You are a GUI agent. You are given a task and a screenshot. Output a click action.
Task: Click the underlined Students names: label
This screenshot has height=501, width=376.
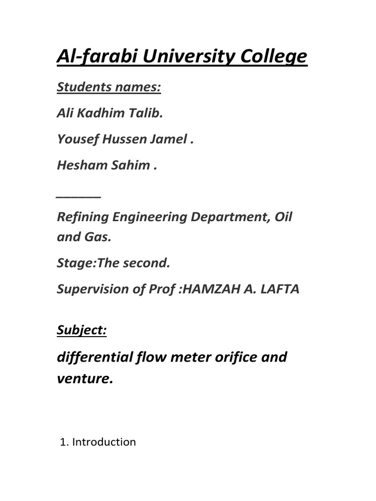(x=109, y=88)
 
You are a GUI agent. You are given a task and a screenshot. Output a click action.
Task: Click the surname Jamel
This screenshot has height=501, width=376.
(x=170, y=139)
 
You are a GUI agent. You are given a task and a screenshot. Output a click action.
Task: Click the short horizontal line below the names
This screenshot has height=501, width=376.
(x=79, y=196)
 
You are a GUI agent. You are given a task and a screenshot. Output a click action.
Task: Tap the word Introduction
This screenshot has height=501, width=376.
(x=104, y=442)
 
